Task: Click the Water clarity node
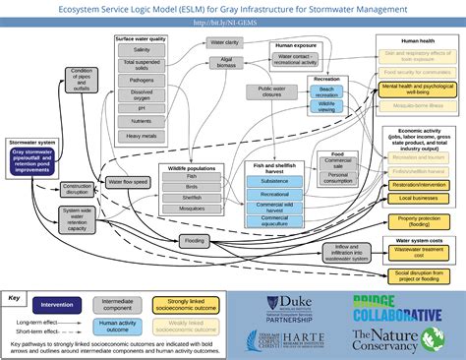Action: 224,43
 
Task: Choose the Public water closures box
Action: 278,92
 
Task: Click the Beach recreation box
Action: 327,89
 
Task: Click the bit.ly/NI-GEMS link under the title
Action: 232,21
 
